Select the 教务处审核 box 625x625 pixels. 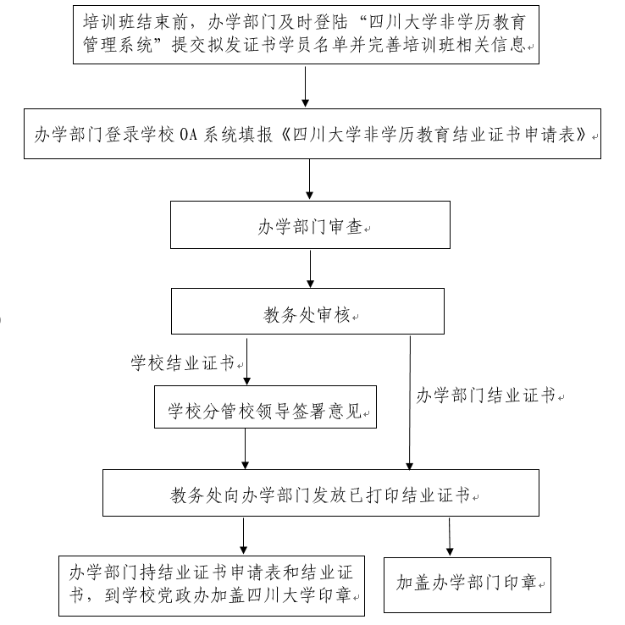point(309,312)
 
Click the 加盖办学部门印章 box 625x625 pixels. point(467,583)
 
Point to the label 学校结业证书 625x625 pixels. point(182,364)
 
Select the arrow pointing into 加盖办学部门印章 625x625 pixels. point(449,536)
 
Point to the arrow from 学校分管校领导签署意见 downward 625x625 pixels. point(246,449)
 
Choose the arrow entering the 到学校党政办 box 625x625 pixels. point(244,536)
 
